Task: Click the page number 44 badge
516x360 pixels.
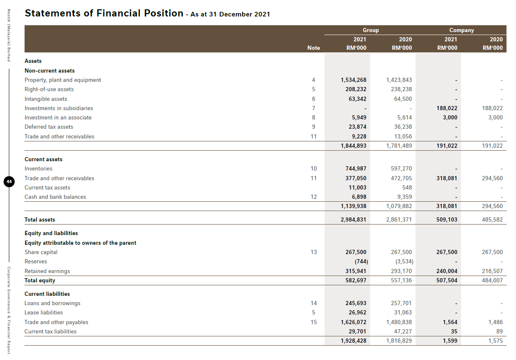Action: pos(9,181)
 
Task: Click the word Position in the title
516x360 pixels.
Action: pos(162,13)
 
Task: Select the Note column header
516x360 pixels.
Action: pos(313,48)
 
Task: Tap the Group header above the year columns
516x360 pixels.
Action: pos(370,30)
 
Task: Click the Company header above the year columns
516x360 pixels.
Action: pos(462,30)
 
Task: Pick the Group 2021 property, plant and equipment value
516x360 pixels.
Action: pos(354,80)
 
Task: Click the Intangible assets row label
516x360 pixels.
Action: pos(46,99)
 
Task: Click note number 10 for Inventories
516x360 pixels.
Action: pos(313,168)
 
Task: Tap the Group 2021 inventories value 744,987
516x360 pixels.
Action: pos(356,168)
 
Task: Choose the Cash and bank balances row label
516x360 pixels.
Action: pos(55,197)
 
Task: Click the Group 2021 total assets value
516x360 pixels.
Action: pos(354,219)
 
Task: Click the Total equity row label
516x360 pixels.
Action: pos(40,280)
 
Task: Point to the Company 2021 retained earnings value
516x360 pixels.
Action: pos(447,271)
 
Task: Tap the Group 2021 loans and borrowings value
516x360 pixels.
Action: pos(356,303)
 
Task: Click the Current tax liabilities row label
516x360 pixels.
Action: pos(51,331)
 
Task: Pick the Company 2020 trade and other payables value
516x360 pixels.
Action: pos(495,322)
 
